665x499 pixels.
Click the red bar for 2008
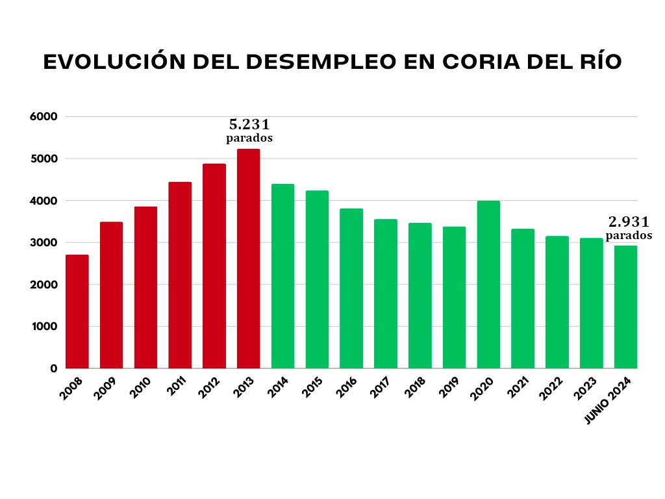(77, 312)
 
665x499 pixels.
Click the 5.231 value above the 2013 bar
(249, 124)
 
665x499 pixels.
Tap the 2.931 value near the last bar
(629, 222)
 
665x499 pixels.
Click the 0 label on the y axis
(54, 369)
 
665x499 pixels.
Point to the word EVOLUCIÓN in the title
(108, 62)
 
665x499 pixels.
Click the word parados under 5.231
(249, 138)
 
